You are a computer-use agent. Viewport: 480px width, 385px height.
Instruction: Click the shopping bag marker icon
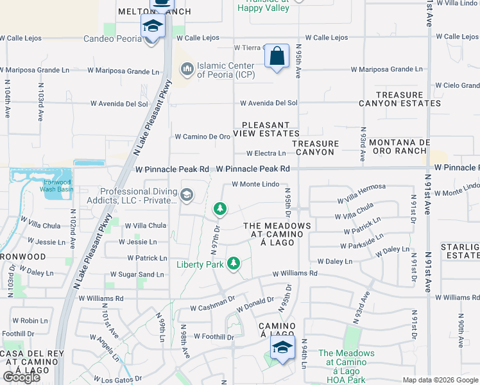277,56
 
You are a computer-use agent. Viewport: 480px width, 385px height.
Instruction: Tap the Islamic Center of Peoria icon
187,67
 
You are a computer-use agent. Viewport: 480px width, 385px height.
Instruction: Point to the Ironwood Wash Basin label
58,185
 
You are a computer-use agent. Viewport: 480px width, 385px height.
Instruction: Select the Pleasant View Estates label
266,129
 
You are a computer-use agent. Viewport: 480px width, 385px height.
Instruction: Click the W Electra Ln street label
266,153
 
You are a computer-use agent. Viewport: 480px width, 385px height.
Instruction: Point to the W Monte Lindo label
255,184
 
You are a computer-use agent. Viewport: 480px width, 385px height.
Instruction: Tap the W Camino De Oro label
202,137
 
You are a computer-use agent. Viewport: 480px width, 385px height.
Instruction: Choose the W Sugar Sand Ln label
137,275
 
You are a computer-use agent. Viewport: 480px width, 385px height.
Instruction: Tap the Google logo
21,377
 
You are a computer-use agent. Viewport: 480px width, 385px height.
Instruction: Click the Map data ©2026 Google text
440,380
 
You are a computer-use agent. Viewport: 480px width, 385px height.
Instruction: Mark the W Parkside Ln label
365,246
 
